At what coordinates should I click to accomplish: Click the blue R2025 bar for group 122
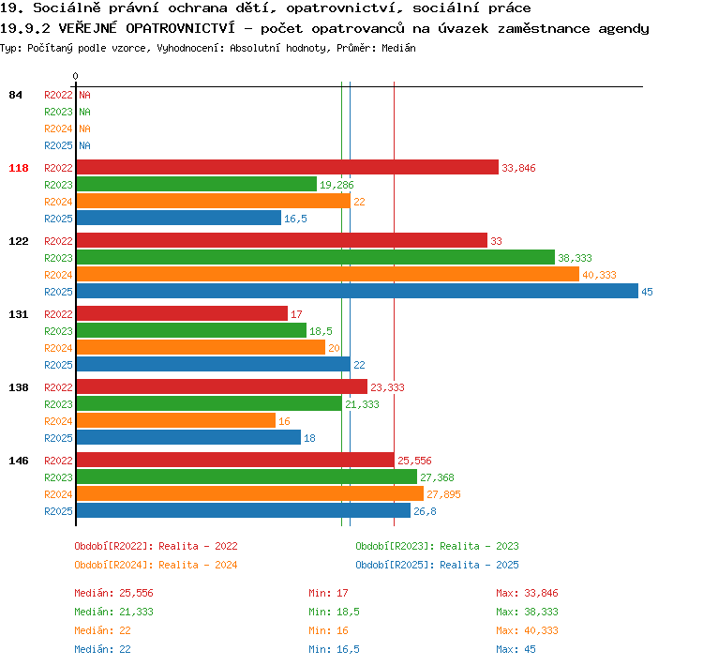click(x=357, y=291)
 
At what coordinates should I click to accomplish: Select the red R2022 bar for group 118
click(x=288, y=167)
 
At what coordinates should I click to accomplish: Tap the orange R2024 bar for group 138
click(x=176, y=420)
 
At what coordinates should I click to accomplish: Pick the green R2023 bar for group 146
click(x=247, y=477)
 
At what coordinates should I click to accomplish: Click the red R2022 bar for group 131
click(x=182, y=313)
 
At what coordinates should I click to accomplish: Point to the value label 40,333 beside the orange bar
click(x=599, y=275)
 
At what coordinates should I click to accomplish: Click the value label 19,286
click(x=337, y=185)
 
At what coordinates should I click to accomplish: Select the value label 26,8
click(x=425, y=511)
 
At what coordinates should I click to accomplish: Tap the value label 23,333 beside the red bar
click(x=387, y=387)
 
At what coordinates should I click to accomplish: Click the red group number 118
click(x=19, y=168)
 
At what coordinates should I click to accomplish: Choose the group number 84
click(x=15, y=95)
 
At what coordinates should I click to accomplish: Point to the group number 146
click(x=19, y=461)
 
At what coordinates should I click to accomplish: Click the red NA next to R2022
click(x=84, y=95)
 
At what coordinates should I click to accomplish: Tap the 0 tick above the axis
click(x=75, y=76)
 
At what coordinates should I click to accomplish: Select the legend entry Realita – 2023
click(x=479, y=546)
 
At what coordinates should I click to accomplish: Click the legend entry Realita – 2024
click(x=198, y=565)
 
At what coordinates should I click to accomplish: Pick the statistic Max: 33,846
click(x=527, y=593)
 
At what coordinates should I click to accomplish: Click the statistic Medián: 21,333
click(x=113, y=612)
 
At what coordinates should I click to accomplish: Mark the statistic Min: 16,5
click(x=334, y=649)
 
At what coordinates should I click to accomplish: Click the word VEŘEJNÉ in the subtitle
click(x=87, y=28)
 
